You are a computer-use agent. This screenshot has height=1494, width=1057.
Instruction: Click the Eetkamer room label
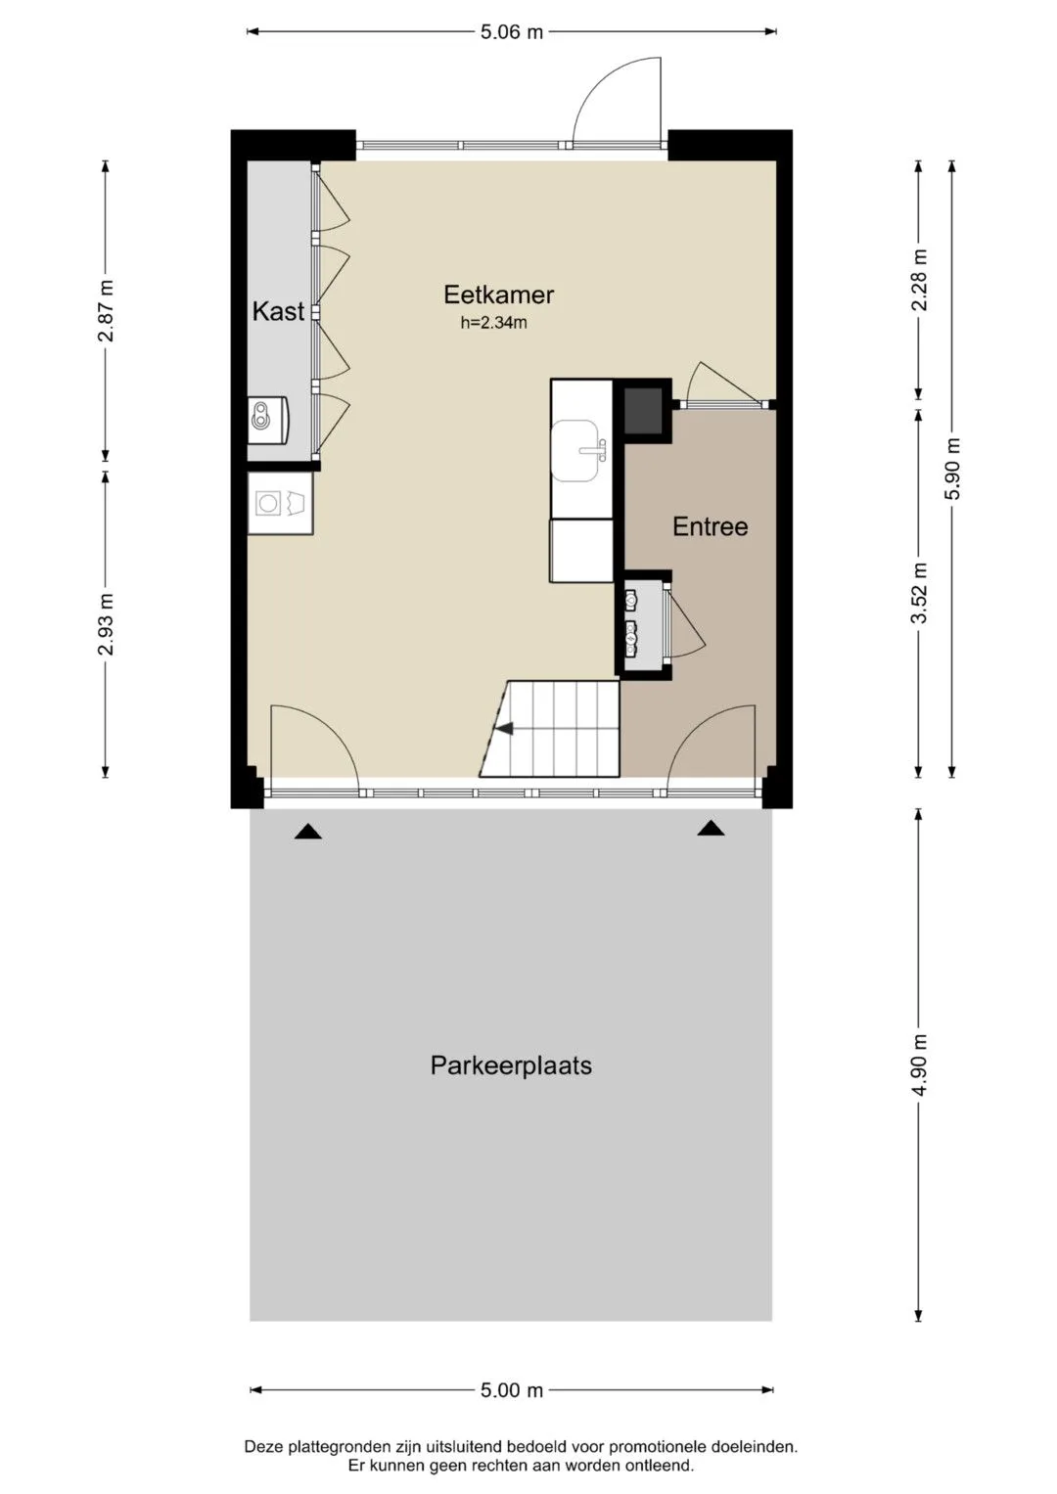tap(498, 294)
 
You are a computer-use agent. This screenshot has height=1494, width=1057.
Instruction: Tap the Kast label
tap(278, 311)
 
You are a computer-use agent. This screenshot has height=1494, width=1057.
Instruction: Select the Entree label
tap(710, 526)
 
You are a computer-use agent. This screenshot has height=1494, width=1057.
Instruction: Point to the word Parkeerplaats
tap(511, 1065)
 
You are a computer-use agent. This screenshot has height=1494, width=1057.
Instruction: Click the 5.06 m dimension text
tap(512, 32)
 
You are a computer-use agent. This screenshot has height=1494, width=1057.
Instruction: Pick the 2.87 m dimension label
tap(106, 311)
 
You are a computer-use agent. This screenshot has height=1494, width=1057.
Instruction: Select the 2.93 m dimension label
tap(106, 624)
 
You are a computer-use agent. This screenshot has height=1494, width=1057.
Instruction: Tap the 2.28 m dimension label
tap(920, 280)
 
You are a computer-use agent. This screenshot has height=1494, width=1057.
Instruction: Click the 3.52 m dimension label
tap(920, 592)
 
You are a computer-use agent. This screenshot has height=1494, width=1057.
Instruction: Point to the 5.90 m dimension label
tap(953, 469)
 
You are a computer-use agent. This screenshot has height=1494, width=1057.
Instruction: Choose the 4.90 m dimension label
tap(920, 1065)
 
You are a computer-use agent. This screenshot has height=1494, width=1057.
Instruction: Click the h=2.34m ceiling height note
tap(494, 324)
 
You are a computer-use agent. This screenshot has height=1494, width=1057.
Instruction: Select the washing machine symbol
tap(280, 504)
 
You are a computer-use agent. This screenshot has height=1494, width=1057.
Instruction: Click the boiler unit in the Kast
tap(268, 420)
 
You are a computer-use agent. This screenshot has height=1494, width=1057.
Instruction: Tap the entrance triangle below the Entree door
tap(712, 828)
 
